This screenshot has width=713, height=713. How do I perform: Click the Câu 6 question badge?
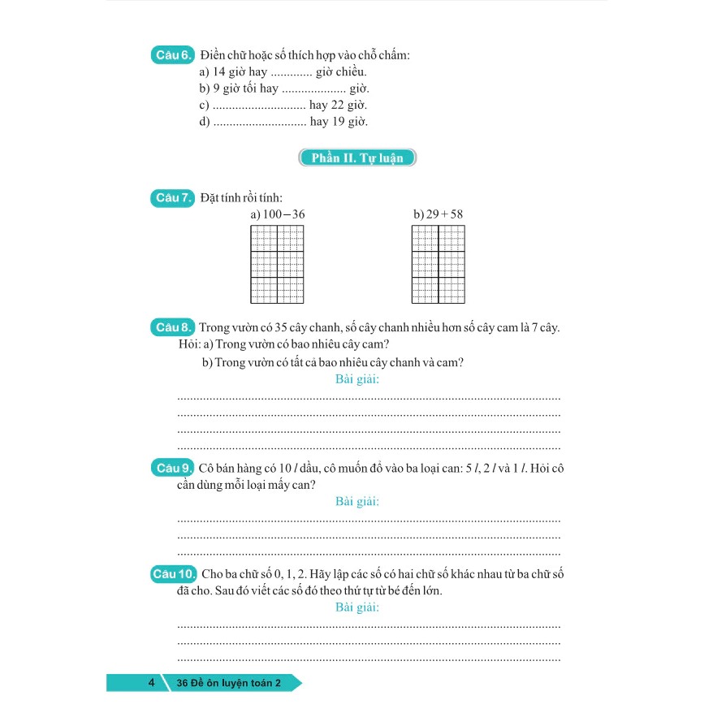[x=172, y=55]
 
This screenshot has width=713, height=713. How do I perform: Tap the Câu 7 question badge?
[x=172, y=197]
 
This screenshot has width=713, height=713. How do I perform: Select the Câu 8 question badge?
[x=172, y=327]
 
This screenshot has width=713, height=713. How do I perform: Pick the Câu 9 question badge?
[x=172, y=468]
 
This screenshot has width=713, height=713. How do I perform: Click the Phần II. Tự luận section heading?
[x=357, y=158]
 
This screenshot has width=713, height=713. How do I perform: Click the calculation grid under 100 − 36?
[x=277, y=264]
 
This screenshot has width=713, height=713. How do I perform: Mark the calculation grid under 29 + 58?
[x=439, y=264]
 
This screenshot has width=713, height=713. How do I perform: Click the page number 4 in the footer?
[x=151, y=683]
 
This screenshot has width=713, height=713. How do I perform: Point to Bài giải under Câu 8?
[x=357, y=379]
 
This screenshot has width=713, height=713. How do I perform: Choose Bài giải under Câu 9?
[x=357, y=501]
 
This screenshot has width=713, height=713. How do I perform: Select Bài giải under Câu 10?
[x=357, y=607]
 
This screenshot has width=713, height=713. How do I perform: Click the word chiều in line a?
[x=352, y=73]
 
